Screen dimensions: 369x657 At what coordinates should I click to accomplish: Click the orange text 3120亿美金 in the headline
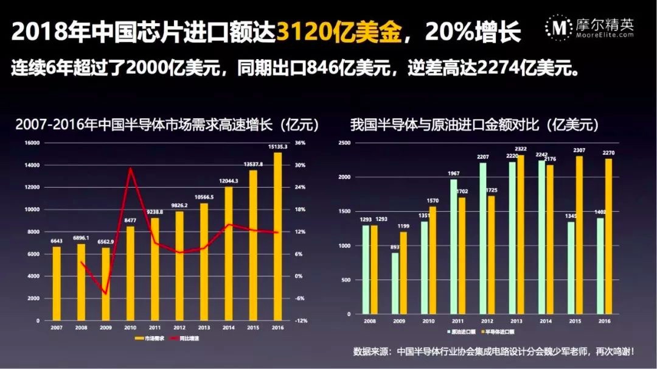(x=339, y=32)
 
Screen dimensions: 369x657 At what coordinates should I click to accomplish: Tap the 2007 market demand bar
(x=57, y=283)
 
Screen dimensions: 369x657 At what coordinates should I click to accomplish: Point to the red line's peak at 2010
(x=130, y=169)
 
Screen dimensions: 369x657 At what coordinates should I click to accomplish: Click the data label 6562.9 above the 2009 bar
(x=105, y=241)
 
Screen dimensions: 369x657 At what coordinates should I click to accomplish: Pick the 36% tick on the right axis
(x=300, y=143)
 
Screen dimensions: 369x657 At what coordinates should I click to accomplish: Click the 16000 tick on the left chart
(x=32, y=143)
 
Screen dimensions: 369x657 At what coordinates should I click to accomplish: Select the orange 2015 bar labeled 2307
(x=579, y=235)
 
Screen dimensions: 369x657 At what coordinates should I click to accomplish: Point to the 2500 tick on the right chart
(x=345, y=143)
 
